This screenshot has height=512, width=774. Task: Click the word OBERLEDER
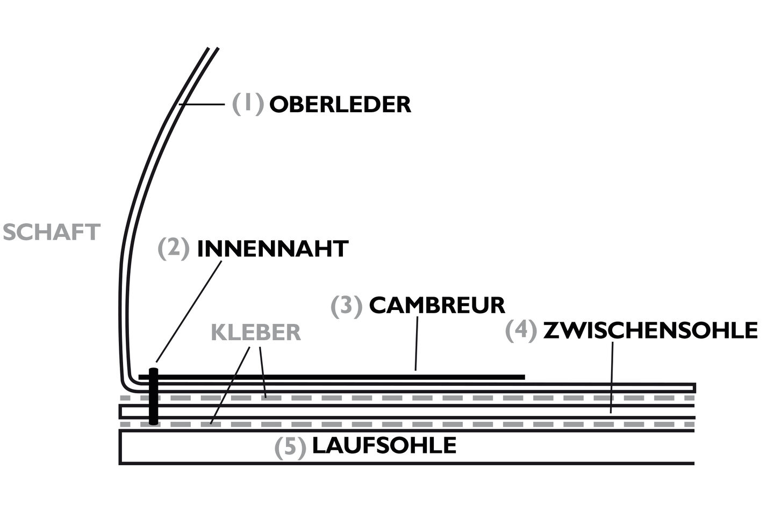tap(340, 104)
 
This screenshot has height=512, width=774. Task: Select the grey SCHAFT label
tap(52, 232)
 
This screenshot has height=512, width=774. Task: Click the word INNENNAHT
tap(273, 249)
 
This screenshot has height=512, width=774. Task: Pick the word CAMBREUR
tap(437, 305)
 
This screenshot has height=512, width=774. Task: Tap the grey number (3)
tap(347, 306)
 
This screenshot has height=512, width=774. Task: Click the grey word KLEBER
tap(255, 333)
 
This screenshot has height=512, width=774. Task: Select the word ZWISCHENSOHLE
tap(650, 330)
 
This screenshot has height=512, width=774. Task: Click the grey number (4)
tap(521, 330)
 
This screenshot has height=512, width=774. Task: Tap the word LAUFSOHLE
tap(384, 445)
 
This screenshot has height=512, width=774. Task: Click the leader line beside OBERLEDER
tap(202, 104)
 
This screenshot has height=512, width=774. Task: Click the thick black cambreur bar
tap(333, 377)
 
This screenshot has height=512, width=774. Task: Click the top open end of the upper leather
tap(212, 49)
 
